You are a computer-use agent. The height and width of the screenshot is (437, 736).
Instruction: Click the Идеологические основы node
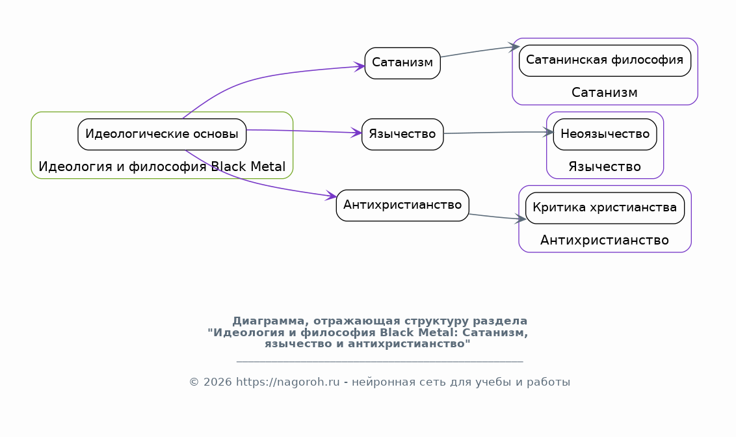(162, 135)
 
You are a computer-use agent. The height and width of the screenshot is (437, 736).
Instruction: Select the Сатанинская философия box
(605, 60)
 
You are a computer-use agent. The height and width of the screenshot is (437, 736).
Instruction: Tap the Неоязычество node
(605, 135)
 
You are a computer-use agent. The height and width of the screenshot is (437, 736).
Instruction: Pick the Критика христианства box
(605, 208)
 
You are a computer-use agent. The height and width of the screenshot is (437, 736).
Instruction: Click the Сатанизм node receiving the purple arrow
(402, 63)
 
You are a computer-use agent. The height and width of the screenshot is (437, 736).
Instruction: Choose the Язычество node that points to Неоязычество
(402, 135)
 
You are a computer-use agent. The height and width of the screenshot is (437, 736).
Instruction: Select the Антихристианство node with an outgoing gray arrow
(402, 205)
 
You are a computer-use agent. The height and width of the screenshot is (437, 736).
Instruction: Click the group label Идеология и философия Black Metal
(162, 166)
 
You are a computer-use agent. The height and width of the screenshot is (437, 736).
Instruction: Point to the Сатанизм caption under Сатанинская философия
(605, 93)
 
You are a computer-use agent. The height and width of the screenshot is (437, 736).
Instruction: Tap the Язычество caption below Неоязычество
(605, 167)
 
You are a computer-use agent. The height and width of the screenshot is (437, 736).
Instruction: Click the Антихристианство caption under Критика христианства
(605, 241)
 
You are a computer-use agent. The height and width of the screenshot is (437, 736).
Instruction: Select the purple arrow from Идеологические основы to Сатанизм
(260, 77)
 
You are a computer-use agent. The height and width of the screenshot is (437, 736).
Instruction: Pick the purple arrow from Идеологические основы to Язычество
(306, 131)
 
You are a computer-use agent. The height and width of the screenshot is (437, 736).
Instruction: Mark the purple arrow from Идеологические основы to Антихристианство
(260, 185)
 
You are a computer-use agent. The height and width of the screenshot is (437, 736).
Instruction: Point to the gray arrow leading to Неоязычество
(497, 133)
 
